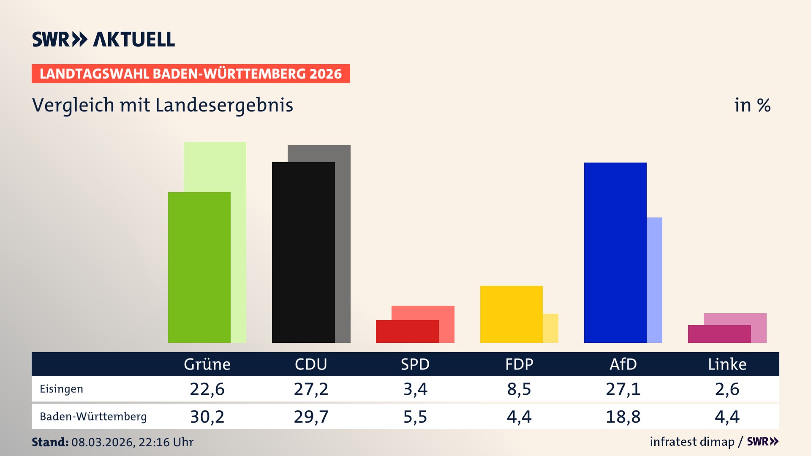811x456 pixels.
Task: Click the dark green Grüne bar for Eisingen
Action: tap(199, 267)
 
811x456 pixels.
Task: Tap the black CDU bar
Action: tap(303, 252)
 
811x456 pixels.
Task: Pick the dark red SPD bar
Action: tap(407, 331)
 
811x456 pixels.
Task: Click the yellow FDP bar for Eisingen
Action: tap(511, 314)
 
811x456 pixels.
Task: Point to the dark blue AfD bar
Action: tap(615, 252)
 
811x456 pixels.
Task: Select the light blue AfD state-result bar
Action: tap(654, 280)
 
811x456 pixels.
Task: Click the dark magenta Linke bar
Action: tap(719, 334)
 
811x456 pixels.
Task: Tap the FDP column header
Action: tap(519, 364)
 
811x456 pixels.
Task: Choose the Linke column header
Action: tap(727, 364)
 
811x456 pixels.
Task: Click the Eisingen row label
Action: tap(61, 389)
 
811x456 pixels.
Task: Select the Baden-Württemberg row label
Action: tap(93, 417)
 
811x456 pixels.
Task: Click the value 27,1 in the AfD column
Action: tap(623, 389)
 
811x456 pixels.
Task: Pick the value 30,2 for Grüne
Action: tap(207, 417)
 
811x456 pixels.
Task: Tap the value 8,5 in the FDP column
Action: tap(519, 389)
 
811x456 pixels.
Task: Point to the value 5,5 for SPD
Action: tap(415, 417)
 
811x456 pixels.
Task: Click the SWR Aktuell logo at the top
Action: tap(103, 39)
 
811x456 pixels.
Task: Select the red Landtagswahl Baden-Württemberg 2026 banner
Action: tap(191, 74)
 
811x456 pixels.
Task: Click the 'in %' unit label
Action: tap(752, 105)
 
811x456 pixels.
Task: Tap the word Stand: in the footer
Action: tap(50, 442)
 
